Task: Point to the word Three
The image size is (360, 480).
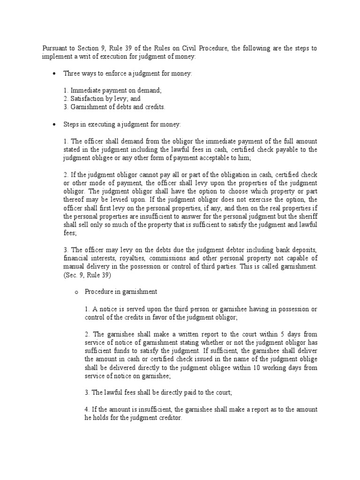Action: pos(72,74)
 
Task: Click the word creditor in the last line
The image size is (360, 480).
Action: pos(168,418)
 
